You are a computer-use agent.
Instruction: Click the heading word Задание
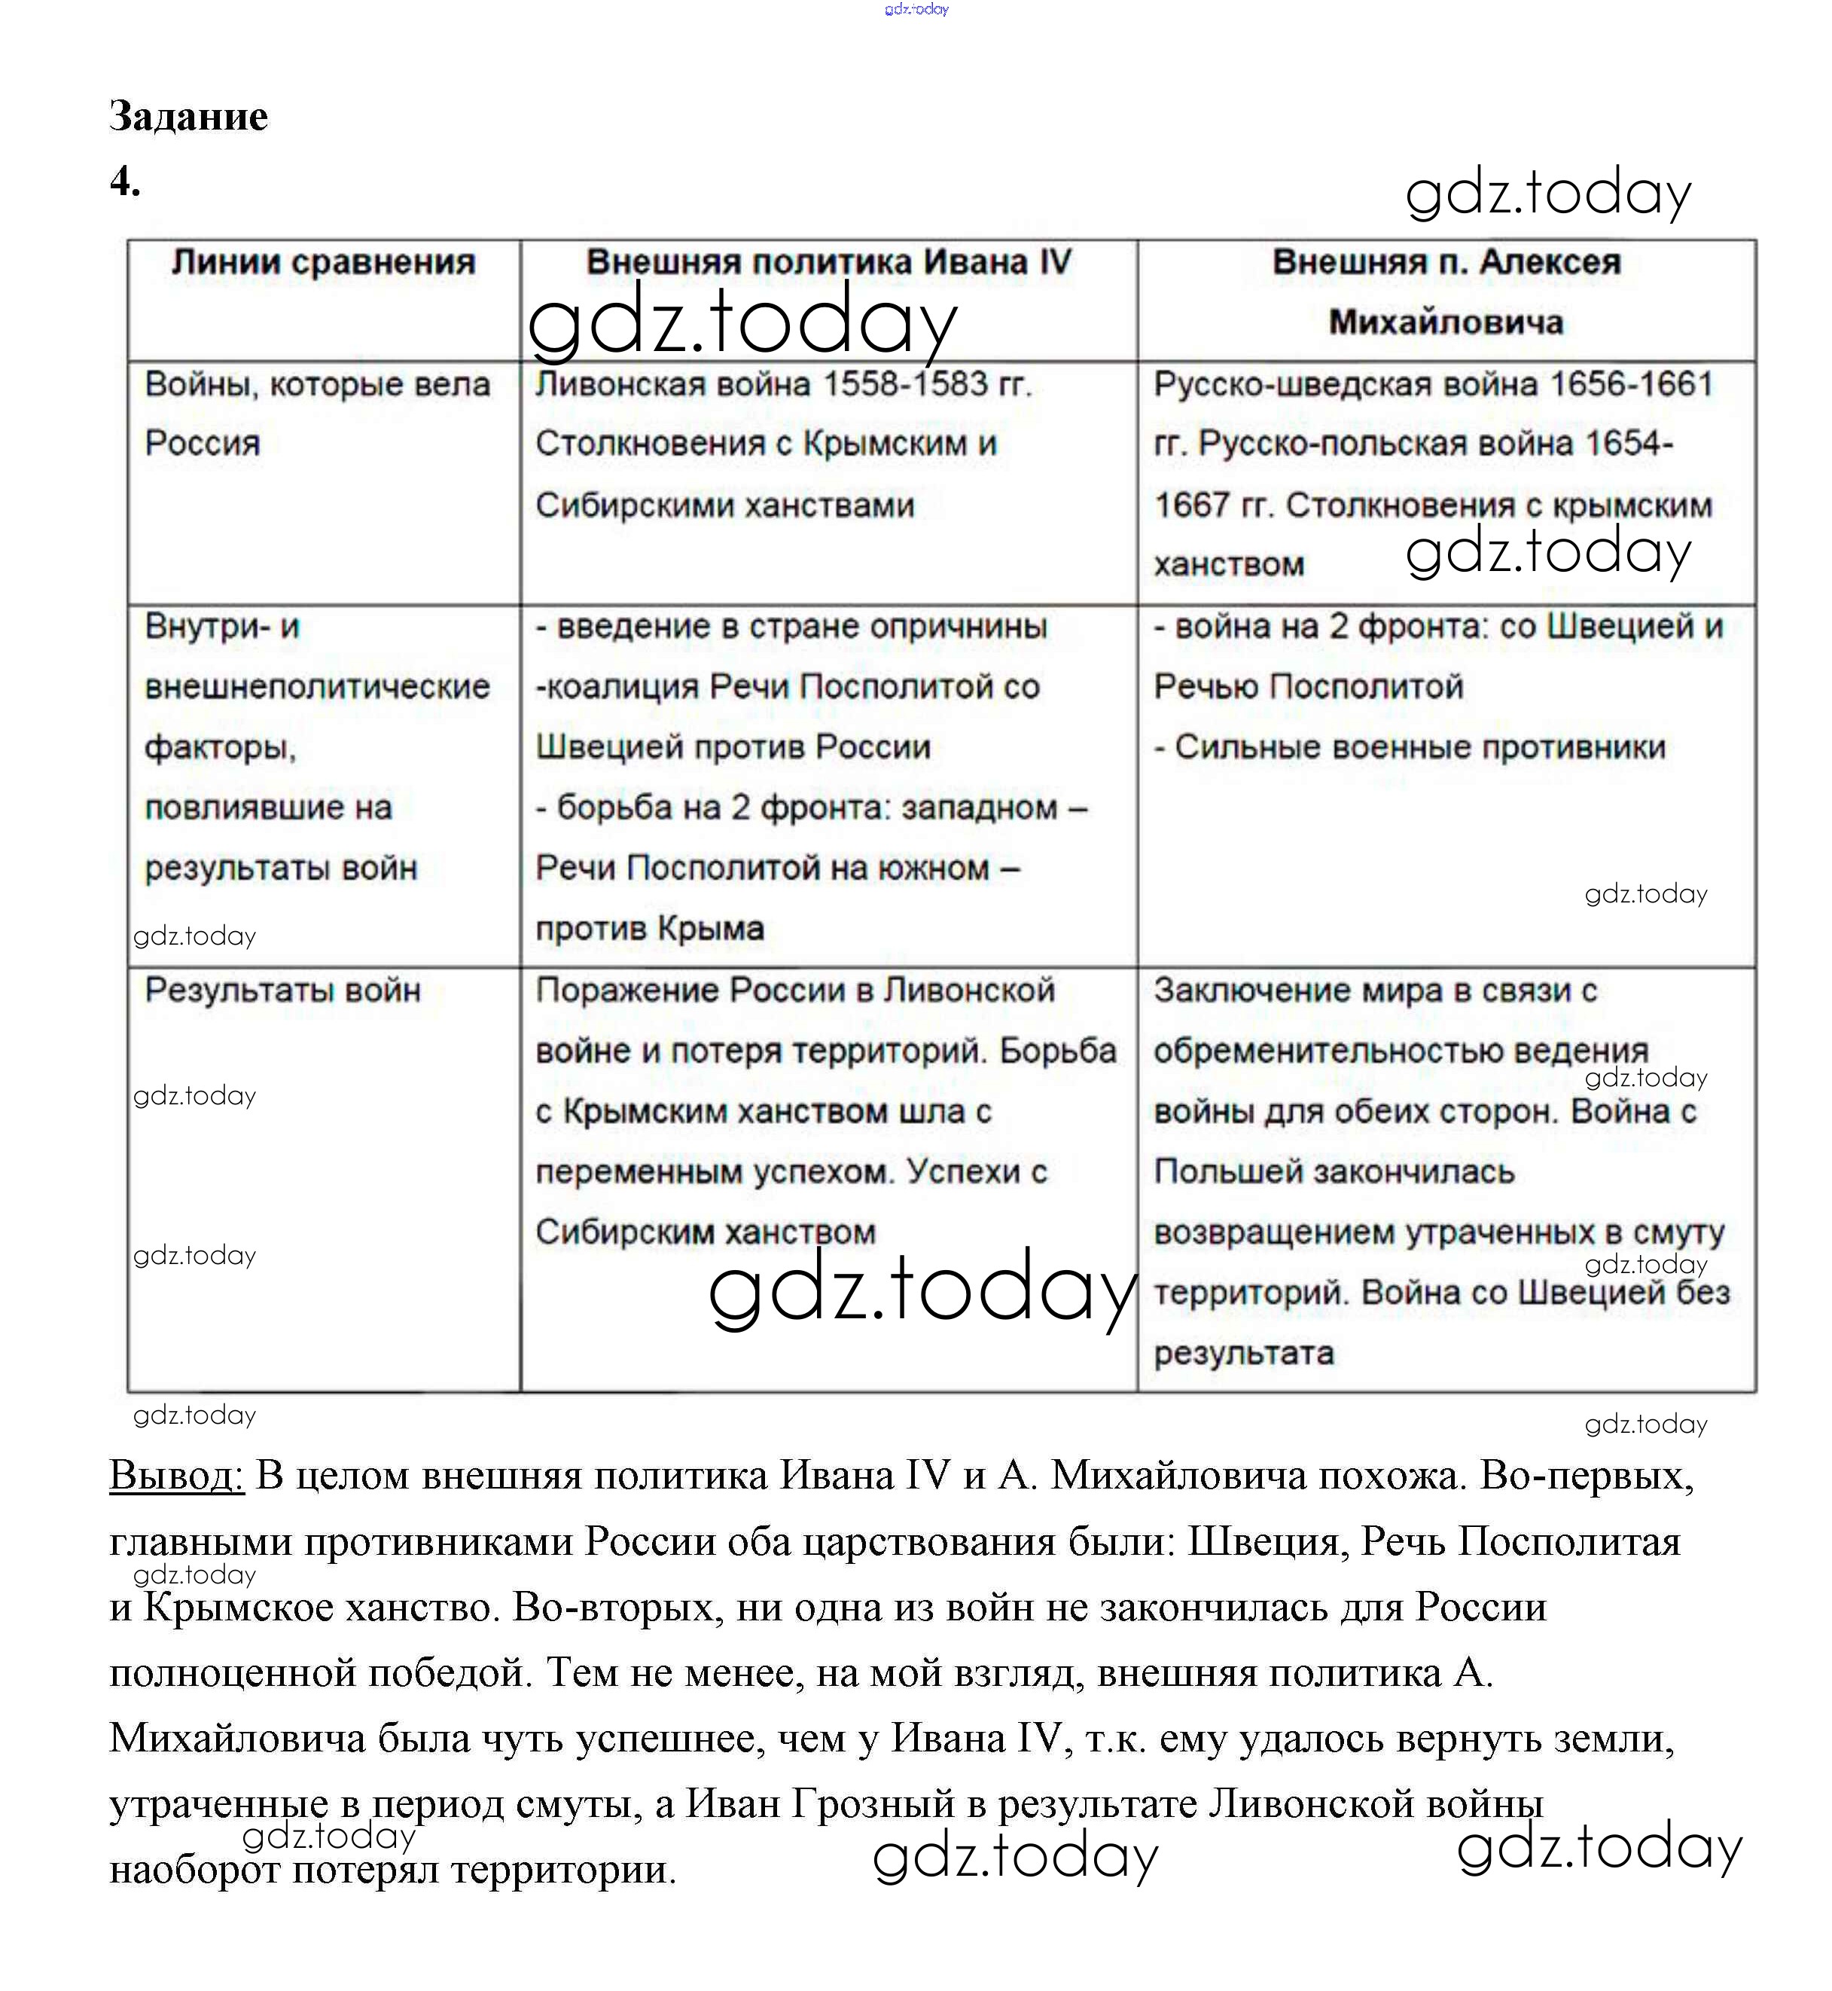point(188,117)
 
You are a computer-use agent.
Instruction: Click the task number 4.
point(124,182)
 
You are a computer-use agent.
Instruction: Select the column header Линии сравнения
point(323,263)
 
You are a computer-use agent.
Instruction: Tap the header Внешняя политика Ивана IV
point(829,263)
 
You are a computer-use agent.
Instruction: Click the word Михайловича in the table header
point(1446,322)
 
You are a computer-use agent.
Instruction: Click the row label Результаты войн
point(282,991)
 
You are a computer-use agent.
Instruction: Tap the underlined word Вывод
point(176,1476)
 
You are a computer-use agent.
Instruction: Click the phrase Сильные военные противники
point(1419,747)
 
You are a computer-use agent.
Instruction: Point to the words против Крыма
point(649,929)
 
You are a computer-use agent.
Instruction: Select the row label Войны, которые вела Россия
point(317,413)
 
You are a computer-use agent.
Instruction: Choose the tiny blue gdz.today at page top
point(916,9)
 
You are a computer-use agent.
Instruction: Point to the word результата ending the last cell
point(1243,1354)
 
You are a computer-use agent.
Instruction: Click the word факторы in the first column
point(220,747)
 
